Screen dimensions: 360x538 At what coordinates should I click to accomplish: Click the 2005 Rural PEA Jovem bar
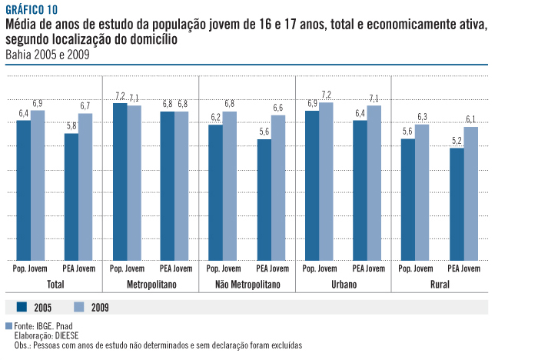click(x=457, y=205)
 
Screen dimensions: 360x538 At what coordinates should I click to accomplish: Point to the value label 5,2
click(x=457, y=141)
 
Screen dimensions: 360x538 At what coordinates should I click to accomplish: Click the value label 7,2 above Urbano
click(x=327, y=95)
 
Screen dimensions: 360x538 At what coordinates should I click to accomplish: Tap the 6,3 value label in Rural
click(x=423, y=117)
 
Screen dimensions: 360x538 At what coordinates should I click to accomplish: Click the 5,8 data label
click(x=71, y=126)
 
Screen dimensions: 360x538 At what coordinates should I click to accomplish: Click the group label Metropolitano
click(x=151, y=285)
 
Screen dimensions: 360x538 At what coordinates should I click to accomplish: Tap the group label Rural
click(x=440, y=285)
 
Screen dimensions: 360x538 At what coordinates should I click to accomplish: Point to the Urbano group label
click(x=344, y=285)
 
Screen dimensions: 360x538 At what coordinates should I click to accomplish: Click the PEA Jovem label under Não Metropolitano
click(x=272, y=269)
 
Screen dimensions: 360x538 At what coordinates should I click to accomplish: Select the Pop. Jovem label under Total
click(x=31, y=269)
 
